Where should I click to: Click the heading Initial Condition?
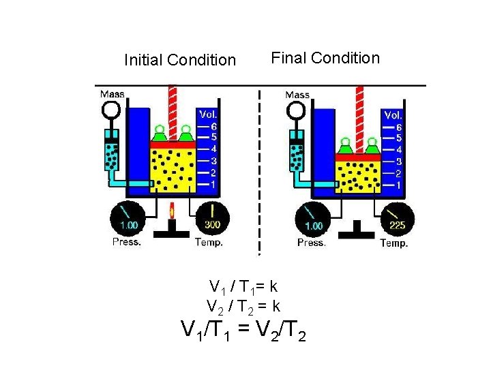180,60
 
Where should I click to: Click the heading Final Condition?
325,58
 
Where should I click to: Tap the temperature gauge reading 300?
213,219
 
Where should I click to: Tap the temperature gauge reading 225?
398,219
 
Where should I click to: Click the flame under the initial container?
172,212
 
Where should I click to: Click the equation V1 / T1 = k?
243,286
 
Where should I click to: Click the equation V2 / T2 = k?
243,307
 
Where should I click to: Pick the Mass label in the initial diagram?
113,94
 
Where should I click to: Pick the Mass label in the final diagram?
297,95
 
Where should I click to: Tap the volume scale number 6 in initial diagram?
213,126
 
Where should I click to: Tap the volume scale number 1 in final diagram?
398,185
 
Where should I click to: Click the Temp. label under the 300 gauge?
209,242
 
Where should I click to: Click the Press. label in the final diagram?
311,243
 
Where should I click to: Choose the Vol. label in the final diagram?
393,114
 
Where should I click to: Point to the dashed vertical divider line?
259,170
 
